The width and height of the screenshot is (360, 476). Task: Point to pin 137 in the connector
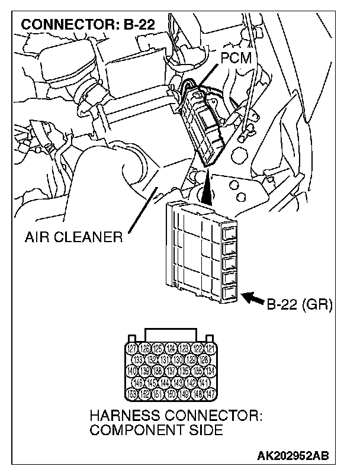[x=172, y=371]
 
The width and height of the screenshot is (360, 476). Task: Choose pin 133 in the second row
[x=139, y=360]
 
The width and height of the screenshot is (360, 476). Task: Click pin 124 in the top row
[x=172, y=349]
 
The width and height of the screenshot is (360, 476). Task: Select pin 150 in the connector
[x=172, y=394]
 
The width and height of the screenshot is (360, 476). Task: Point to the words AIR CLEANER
[x=73, y=238]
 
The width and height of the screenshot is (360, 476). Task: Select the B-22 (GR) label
[x=299, y=305]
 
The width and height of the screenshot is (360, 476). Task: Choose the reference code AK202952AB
[x=293, y=456]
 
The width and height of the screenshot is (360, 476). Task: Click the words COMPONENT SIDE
[x=156, y=430]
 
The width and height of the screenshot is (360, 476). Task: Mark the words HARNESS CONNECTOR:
[x=175, y=416]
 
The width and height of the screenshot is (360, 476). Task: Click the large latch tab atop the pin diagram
[x=172, y=334]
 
